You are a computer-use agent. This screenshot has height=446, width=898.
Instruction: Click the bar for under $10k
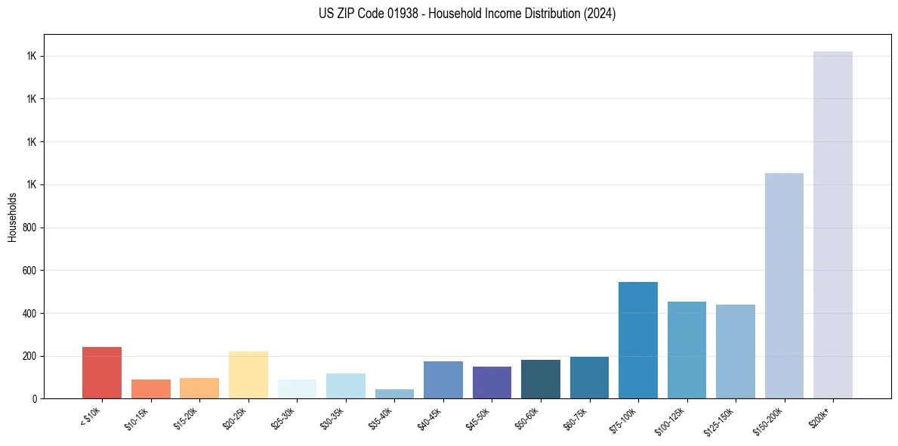point(102,373)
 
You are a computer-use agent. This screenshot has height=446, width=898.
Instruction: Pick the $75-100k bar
point(638,340)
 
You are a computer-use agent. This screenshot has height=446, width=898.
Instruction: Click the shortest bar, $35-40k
point(394,394)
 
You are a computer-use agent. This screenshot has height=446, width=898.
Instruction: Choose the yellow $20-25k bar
point(248,375)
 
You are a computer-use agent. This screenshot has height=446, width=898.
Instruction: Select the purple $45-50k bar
point(492,383)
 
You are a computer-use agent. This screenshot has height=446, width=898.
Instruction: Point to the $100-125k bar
point(687,350)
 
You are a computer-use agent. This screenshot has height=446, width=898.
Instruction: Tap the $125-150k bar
point(736,352)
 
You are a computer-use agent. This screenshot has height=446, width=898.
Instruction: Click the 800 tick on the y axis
point(29,228)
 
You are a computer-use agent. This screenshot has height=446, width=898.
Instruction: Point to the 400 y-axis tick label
point(29,313)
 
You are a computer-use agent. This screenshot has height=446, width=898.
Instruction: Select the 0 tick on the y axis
point(34,398)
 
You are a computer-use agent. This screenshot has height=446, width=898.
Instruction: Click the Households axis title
point(12,216)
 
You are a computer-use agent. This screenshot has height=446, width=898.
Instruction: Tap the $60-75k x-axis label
point(579,418)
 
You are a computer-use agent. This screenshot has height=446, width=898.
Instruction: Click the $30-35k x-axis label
point(335,418)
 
